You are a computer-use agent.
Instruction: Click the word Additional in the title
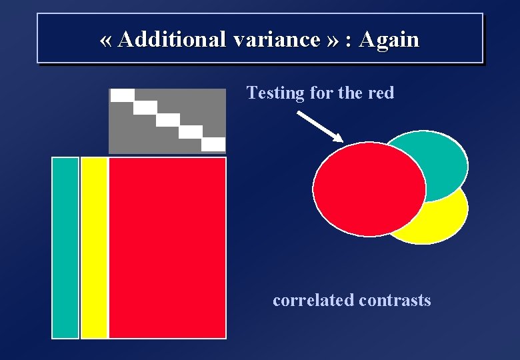[x=172, y=39]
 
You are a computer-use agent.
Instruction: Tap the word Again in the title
[x=389, y=39]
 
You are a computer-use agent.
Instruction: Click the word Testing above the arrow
[x=275, y=93]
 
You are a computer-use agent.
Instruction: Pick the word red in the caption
[x=381, y=93]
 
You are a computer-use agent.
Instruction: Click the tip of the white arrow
[x=341, y=140]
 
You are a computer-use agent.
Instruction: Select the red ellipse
[x=369, y=189]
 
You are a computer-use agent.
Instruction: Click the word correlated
[x=313, y=300]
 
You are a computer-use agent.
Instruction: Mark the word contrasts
[x=395, y=300]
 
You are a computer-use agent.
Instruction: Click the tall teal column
[x=65, y=248]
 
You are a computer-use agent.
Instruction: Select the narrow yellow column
[x=94, y=248]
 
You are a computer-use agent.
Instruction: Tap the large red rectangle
[x=167, y=248]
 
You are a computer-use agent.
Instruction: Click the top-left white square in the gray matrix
[x=122, y=95]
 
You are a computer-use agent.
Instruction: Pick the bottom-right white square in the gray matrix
[x=213, y=144]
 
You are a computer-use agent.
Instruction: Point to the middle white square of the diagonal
[x=168, y=120]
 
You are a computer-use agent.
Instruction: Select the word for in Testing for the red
[x=321, y=93]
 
